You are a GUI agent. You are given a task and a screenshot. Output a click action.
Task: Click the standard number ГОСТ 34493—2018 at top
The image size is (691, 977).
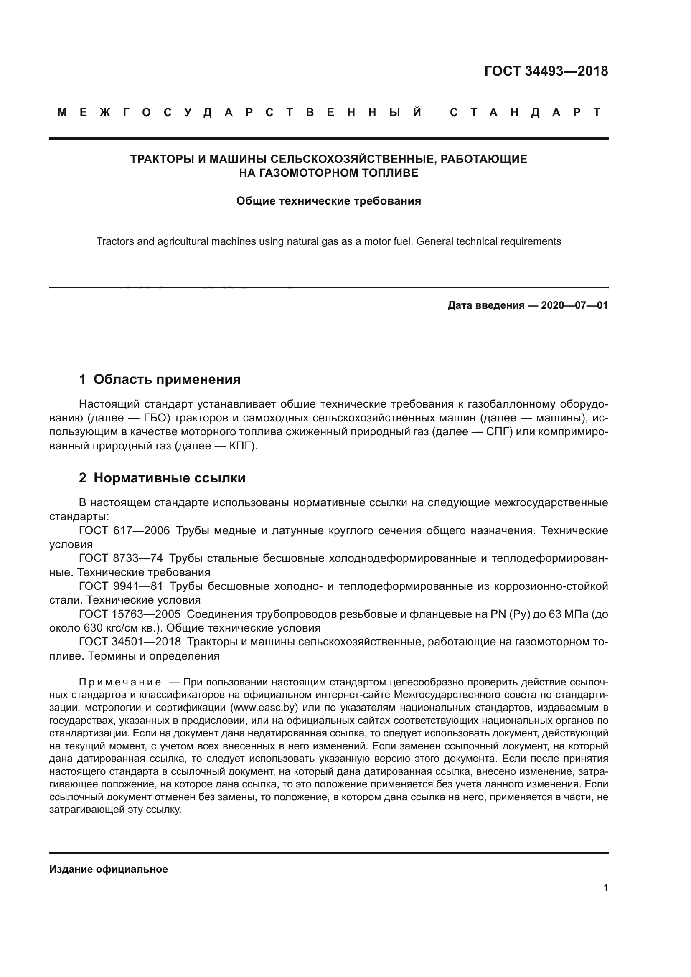(546, 71)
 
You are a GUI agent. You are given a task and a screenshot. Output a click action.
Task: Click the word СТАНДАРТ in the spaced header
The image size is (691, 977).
(526, 112)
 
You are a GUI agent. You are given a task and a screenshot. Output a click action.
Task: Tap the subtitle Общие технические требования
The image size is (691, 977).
(328, 201)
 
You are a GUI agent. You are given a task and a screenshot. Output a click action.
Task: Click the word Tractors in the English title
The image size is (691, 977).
(112, 241)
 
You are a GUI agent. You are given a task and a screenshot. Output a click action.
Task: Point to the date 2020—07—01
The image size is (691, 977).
(574, 305)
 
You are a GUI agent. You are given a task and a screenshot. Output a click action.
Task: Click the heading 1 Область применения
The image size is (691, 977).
(160, 379)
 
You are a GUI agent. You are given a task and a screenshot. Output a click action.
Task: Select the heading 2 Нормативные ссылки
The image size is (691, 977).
(162, 478)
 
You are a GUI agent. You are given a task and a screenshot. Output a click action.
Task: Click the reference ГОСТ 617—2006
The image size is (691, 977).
(124, 530)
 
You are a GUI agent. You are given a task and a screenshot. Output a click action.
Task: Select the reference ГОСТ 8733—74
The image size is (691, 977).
(121, 558)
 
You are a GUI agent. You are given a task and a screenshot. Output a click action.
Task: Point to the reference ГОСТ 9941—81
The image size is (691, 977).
(121, 586)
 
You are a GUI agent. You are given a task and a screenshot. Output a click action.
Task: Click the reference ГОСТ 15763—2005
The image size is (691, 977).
(130, 614)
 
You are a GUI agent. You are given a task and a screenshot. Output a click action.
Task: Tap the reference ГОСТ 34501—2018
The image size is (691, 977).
(130, 642)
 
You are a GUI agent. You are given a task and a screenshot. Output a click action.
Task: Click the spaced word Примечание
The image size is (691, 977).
(120, 682)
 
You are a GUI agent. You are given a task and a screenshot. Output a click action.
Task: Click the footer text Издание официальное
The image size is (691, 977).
(109, 869)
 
